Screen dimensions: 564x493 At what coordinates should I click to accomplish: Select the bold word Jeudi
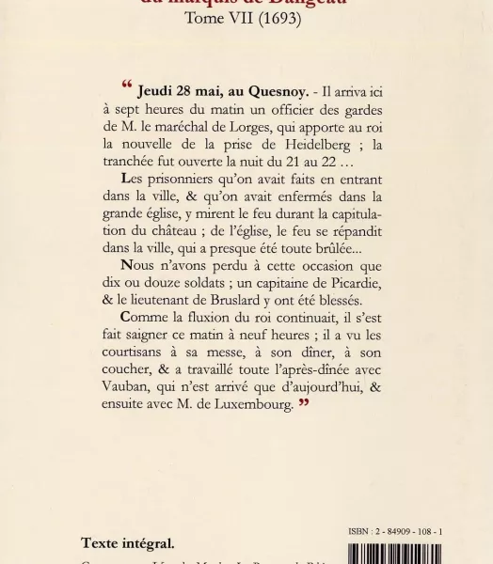tap(157, 92)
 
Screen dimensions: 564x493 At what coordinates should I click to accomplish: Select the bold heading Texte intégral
tap(127, 542)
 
